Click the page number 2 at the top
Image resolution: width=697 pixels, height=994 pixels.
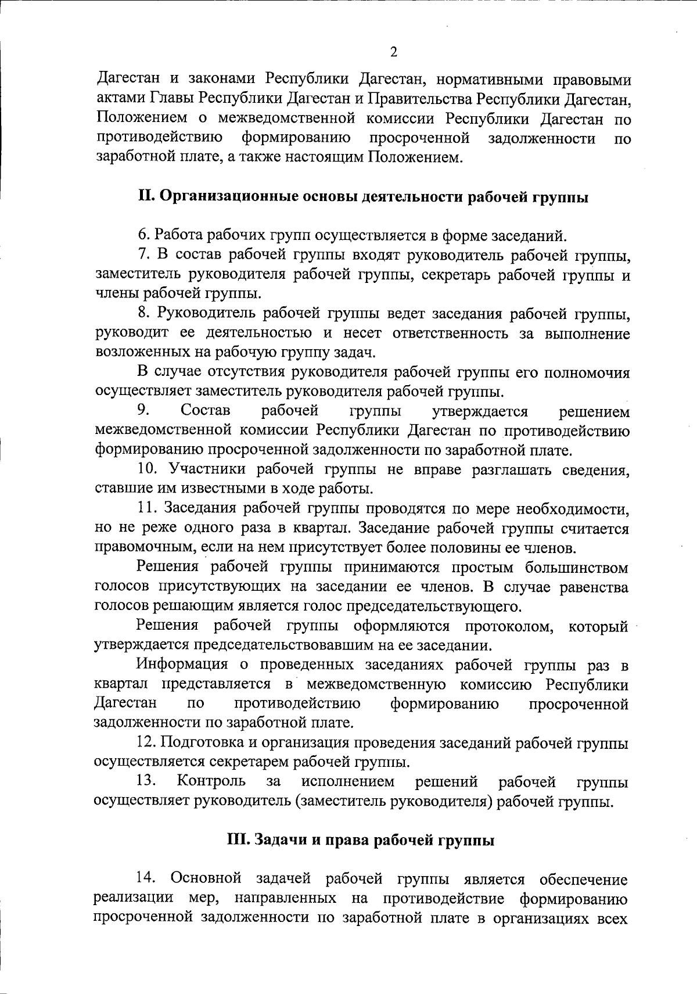[x=393, y=53]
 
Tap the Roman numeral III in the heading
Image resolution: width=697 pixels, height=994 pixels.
[x=236, y=841]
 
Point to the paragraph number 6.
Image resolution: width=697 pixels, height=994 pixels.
[x=143, y=236]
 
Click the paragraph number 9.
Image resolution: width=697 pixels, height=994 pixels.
[x=143, y=411]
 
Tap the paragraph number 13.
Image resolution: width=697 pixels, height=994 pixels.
[x=148, y=781]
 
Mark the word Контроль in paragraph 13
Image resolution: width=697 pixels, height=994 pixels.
[x=211, y=781]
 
